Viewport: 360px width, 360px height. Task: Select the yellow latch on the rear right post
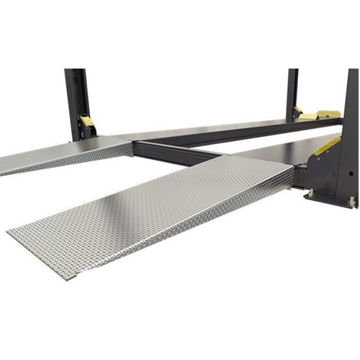(298, 111)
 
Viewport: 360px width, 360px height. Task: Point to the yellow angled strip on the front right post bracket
(327, 146)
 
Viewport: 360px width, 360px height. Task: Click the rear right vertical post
(292, 90)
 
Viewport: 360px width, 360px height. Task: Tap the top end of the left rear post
(74, 71)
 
